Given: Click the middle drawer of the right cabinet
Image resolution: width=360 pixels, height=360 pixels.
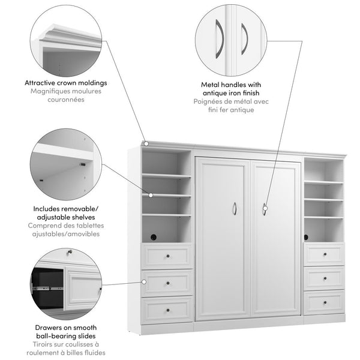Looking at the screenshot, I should click(324, 277).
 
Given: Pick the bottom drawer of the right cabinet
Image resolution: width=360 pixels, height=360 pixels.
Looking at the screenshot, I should click(324, 302).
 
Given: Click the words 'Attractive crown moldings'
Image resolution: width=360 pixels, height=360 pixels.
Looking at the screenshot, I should click(67, 83).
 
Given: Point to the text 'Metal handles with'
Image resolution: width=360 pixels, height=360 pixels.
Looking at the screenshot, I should click(231, 85).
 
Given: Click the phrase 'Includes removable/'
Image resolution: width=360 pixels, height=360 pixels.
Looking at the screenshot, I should click(67, 209).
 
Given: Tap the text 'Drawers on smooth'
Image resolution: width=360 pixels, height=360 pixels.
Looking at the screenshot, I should click(67, 329).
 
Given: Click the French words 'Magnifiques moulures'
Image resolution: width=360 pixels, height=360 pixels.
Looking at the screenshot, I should click(67, 91).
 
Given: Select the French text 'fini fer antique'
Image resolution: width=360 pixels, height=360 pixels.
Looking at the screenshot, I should click(231, 110).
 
